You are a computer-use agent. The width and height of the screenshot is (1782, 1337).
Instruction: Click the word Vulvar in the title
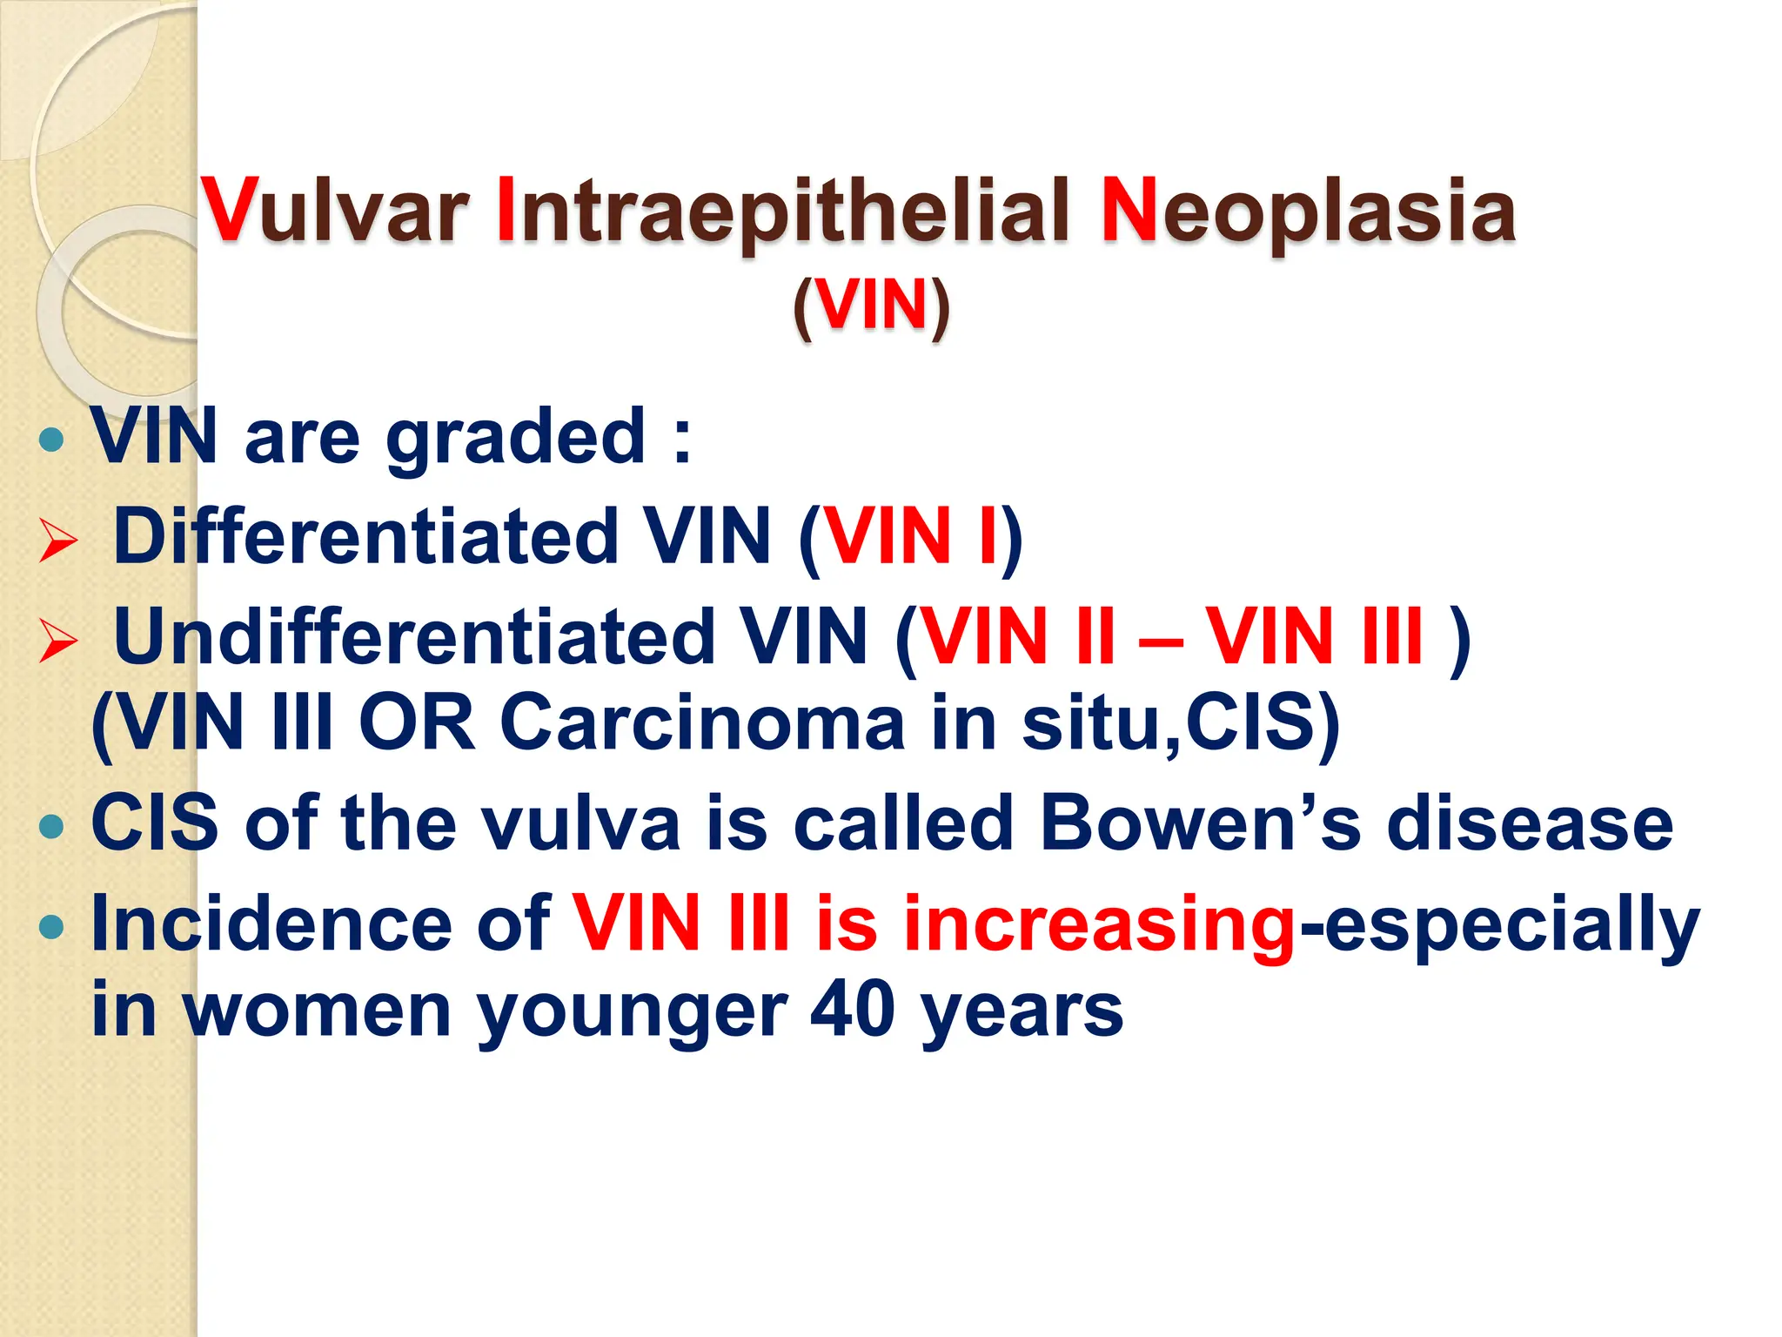click(x=334, y=212)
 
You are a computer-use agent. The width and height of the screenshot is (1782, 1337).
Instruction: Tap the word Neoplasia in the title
click(x=1308, y=212)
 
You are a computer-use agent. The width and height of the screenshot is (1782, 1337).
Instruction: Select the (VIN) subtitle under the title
click(x=871, y=306)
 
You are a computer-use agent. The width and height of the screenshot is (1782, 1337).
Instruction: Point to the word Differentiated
click(x=366, y=536)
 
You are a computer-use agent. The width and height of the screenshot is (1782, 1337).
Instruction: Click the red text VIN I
click(x=909, y=536)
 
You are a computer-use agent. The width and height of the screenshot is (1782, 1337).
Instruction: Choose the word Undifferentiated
click(x=414, y=636)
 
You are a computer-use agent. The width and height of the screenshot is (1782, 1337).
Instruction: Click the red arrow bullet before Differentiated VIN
click(x=58, y=541)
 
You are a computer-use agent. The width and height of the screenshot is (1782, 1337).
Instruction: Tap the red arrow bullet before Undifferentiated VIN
click(x=58, y=642)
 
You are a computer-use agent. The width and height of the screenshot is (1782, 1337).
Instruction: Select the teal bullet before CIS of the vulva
click(x=52, y=825)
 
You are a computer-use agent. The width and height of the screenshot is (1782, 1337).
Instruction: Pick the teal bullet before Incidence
click(x=52, y=926)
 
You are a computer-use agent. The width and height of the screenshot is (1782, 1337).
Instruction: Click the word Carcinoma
click(x=703, y=722)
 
